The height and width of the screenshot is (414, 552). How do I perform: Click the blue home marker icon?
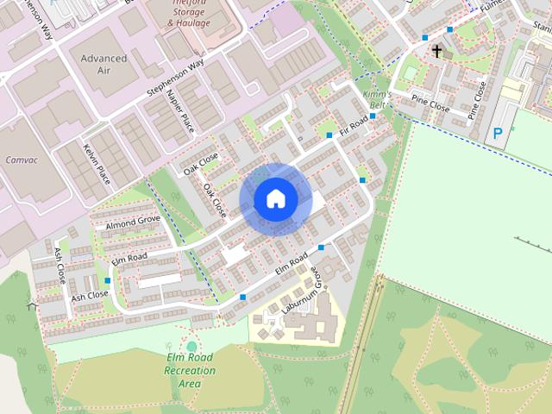point(275,199)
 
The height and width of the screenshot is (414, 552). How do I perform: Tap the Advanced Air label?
point(103,64)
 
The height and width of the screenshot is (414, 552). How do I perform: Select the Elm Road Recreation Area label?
point(190,371)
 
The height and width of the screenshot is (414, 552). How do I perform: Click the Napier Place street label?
point(180,111)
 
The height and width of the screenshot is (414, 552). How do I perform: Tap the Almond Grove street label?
point(133,223)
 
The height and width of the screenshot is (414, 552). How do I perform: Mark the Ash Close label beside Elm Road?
point(90,295)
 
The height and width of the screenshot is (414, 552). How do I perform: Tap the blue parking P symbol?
point(497,134)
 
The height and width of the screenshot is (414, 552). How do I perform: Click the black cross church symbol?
point(436,52)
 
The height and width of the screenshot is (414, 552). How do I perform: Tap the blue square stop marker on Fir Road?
point(329,135)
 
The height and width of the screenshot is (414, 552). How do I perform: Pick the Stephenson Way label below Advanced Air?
point(175,76)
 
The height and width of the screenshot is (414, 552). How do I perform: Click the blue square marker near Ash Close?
point(108,280)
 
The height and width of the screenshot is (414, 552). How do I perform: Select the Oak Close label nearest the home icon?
point(213,199)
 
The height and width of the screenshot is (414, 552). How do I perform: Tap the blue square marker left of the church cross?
point(425,37)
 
